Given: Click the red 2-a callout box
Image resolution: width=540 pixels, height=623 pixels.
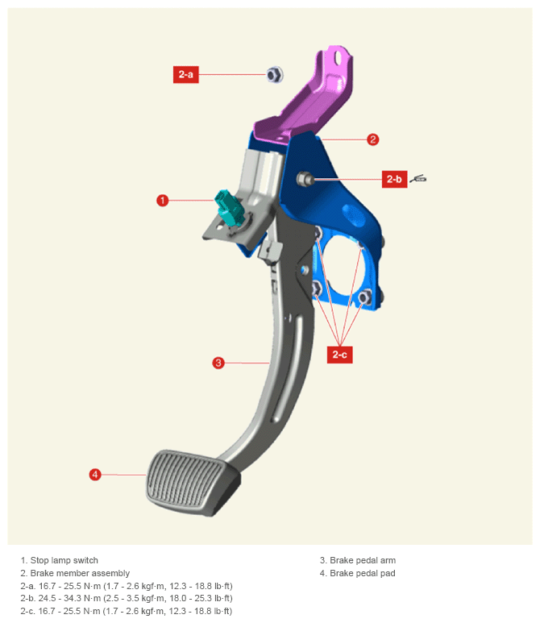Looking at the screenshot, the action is (185, 74).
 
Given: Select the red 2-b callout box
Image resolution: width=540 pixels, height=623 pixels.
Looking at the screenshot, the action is (394, 179).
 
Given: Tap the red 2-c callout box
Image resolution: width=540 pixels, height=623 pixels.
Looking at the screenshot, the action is (340, 355).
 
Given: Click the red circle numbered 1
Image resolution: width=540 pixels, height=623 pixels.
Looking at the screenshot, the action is (163, 200).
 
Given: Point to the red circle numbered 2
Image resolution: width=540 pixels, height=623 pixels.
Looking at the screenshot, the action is (372, 139).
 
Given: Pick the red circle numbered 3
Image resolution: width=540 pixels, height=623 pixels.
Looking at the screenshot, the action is (218, 363).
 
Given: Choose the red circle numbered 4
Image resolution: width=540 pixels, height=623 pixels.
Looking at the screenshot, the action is (95, 475).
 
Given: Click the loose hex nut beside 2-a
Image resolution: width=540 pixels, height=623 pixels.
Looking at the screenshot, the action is (275, 74).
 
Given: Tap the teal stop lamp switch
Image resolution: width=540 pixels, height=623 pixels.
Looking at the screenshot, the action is (226, 207).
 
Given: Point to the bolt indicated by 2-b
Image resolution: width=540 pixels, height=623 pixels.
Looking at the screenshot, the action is (305, 179).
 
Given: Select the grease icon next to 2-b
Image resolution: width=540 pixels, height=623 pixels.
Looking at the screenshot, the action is (418, 179).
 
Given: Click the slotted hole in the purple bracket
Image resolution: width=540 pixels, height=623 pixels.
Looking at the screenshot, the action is (339, 57).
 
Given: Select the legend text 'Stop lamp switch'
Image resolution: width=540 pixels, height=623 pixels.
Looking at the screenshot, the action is (64, 560).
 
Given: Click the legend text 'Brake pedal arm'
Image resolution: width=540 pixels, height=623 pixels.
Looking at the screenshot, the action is (363, 560).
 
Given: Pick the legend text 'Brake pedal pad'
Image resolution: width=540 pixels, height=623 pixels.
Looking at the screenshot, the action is (363, 573).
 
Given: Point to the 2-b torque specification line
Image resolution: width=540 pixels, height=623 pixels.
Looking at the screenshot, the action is (127, 598).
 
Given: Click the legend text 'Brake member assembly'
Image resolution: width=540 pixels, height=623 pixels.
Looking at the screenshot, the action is (80, 573).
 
